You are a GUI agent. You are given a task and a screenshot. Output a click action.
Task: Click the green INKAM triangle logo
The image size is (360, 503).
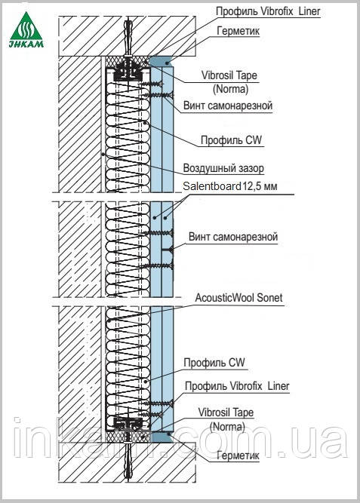(x=26, y=30)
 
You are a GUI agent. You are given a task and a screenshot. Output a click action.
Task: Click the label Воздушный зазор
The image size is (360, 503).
(x=223, y=168)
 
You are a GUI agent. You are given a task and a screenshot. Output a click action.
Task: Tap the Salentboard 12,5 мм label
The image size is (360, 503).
(x=230, y=186)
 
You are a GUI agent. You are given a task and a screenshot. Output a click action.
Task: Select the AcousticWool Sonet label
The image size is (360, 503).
(x=239, y=298)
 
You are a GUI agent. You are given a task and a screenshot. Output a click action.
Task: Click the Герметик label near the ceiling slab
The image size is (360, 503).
(x=238, y=31)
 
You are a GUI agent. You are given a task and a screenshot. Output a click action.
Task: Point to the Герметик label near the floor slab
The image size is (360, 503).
(x=238, y=455)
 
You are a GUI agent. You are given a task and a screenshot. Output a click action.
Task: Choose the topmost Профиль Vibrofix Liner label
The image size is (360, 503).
(x=268, y=11)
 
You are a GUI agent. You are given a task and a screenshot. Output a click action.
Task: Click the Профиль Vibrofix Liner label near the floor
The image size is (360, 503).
(x=237, y=386)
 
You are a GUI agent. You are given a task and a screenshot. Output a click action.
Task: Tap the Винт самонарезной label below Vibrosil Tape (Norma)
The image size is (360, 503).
(x=228, y=106)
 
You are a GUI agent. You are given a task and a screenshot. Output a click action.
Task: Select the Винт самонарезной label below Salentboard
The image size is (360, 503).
(x=233, y=237)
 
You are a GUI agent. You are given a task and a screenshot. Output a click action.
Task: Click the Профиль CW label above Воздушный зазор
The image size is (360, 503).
(x=231, y=140)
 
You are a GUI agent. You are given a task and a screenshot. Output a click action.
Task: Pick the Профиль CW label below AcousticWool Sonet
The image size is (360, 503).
(x=214, y=363)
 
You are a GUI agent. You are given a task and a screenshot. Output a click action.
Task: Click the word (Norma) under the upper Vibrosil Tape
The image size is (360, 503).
(x=231, y=89)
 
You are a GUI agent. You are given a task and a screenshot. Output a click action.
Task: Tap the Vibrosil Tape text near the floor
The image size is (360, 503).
(x=226, y=413)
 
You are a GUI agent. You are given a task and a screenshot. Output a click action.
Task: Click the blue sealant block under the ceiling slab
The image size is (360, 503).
(x=162, y=62)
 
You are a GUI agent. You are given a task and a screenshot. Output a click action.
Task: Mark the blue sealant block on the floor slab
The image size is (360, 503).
(x=162, y=437)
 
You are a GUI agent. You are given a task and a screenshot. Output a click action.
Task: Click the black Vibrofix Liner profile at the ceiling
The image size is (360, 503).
(x=128, y=73)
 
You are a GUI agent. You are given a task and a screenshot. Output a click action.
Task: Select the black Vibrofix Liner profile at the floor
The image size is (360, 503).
(x=128, y=424)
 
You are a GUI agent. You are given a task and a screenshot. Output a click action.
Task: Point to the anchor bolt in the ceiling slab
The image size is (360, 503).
(x=128, y=38)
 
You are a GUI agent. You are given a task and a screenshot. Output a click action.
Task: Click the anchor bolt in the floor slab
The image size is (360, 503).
(x=128, y=460)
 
